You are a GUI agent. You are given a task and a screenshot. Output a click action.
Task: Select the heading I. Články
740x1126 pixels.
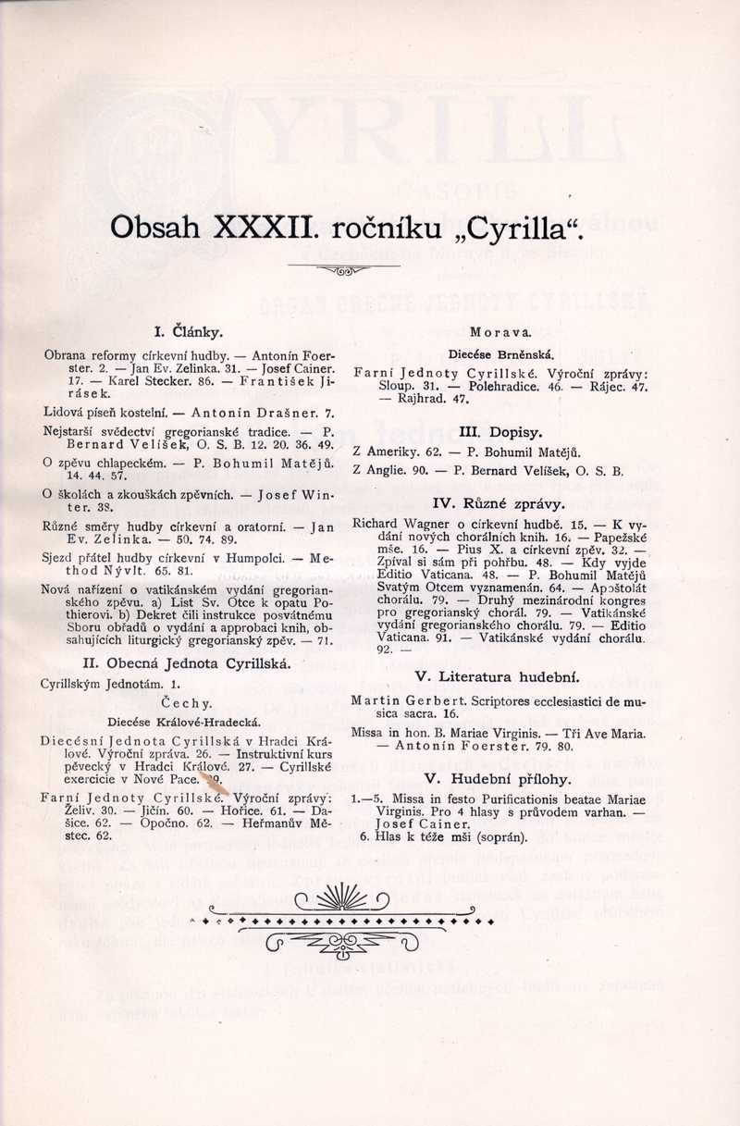coord(188,330)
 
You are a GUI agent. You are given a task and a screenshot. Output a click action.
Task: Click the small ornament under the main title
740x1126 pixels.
coord(343,271)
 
